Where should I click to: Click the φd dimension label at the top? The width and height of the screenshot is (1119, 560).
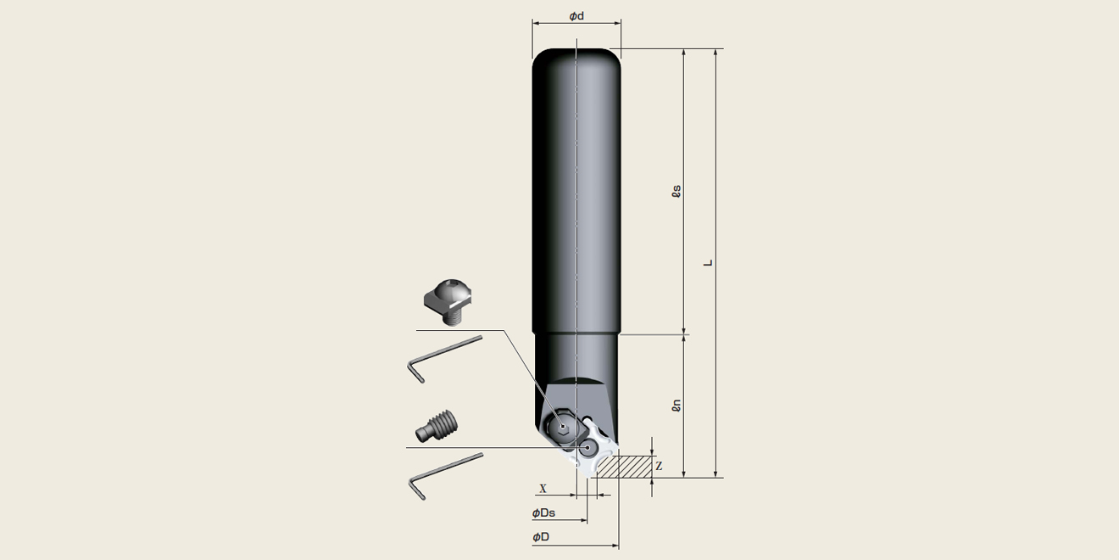coord(576,16)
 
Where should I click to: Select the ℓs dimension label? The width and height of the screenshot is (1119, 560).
coord(676,192)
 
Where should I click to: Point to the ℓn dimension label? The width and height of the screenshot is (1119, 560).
coord(676,405)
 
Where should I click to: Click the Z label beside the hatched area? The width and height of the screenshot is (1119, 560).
coord(659,466)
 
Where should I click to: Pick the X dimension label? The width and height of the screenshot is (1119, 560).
coord(543,489)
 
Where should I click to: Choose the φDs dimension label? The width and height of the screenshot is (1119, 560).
coord(543,512)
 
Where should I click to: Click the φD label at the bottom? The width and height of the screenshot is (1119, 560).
coord(541,537)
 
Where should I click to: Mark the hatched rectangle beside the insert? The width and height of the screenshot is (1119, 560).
coord(625,467)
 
